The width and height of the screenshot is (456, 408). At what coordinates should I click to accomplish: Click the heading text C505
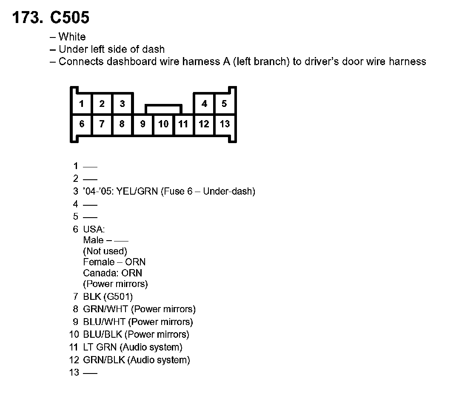point(70,18)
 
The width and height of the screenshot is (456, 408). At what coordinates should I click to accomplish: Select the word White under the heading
point(72,37)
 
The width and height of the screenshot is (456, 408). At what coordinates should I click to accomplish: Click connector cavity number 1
point(82,103)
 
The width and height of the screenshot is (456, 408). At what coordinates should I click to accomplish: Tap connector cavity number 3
point(122,103)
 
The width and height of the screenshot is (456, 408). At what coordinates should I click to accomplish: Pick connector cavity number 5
point(224,103)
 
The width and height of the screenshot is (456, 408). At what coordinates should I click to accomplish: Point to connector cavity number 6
point(82,124)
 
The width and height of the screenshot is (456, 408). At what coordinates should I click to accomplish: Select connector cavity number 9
point(143,124)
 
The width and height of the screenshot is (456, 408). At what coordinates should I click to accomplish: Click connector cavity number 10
point(163,124)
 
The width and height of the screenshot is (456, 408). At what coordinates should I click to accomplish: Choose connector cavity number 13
point(225,124)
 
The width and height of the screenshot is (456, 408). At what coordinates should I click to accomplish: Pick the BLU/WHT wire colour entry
point(104,322)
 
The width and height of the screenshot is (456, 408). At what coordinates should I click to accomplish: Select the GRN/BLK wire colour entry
point(104,360)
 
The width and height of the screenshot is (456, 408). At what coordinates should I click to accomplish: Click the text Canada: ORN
point(113,273)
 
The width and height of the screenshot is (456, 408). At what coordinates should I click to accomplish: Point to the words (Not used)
point(105,251)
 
